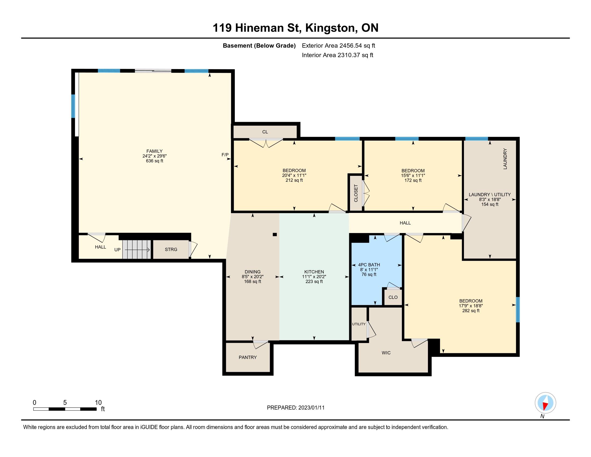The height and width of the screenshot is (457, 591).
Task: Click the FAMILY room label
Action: point(154,151)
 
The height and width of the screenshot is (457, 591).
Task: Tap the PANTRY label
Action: point(248,357)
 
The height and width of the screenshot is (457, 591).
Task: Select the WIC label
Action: point(386,352)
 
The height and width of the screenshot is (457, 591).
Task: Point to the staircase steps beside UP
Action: point(136,249)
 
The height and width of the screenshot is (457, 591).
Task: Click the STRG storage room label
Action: point(171,249)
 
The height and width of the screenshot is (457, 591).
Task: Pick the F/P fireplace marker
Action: point(225,155)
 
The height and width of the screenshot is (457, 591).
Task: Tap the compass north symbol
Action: point(545,403)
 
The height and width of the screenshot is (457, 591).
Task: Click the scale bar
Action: point(65,409)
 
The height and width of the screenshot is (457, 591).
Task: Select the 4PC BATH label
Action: point(369,265)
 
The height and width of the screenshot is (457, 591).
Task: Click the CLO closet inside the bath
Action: point(393,297)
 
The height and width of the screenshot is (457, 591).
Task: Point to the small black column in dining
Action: point(275,234)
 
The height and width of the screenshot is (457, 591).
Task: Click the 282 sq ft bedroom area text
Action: point(471,310)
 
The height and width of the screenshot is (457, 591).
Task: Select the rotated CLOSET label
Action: point(356,193)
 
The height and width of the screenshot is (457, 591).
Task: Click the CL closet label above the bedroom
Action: point(265,132)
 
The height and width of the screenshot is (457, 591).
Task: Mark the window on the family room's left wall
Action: point(73,106)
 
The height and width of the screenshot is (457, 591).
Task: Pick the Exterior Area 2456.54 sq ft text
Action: point(338,45)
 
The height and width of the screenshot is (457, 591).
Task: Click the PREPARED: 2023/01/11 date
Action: point(295,408)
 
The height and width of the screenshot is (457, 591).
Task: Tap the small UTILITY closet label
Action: point(359,324)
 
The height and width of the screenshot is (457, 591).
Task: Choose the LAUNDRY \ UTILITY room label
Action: point(489,194)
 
